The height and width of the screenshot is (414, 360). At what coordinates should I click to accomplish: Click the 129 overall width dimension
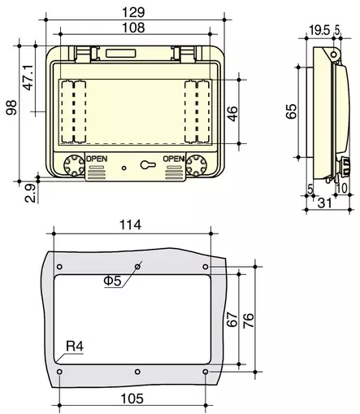click(x=136, y=11)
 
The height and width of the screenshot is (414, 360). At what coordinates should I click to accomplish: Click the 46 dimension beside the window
click(x=232, y=112)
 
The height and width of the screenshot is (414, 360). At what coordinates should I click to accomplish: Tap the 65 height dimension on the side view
click(x=291, y=111)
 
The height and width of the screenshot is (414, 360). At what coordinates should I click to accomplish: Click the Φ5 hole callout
click(x=112, y=281)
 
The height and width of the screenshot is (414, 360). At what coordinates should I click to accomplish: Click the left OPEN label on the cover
click(x=96, y=159)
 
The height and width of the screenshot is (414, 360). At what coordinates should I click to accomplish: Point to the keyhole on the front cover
click(x=145, y=164)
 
